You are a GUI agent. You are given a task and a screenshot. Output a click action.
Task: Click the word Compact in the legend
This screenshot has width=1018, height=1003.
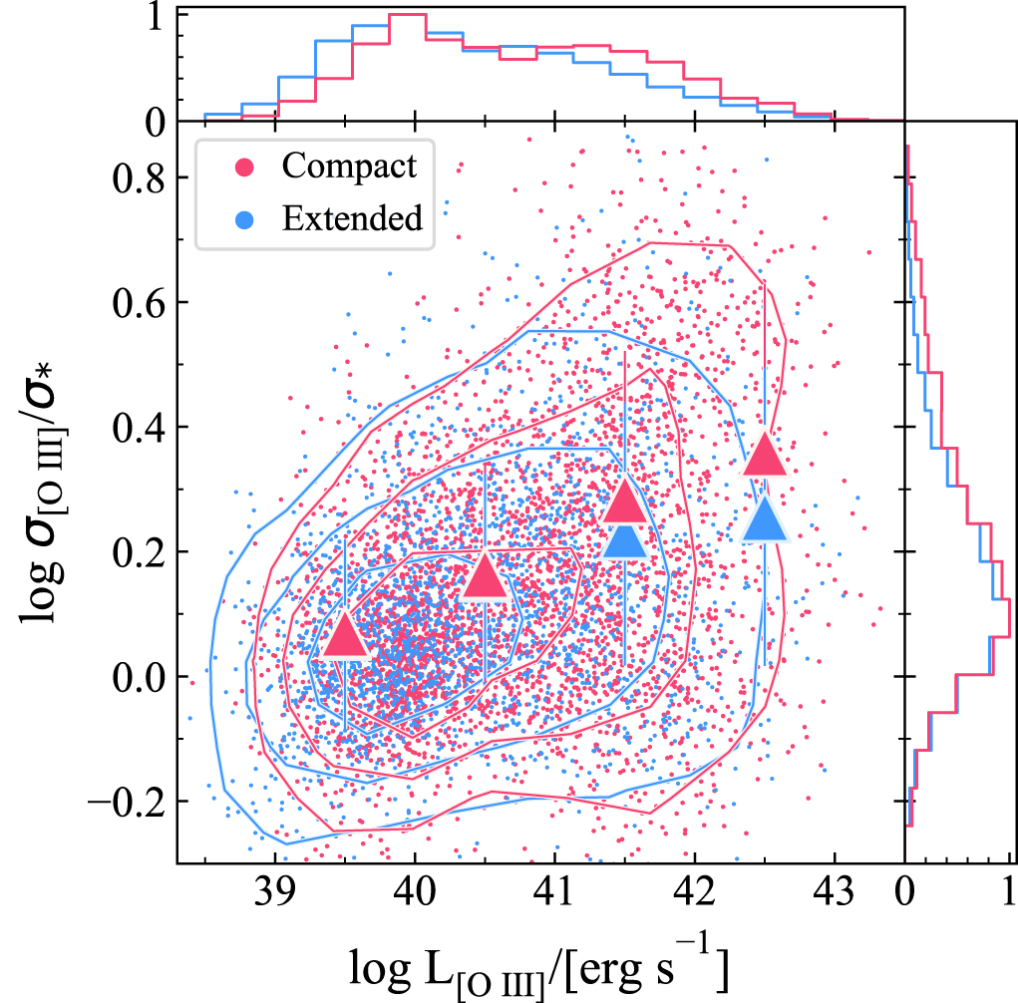tap(349, 166)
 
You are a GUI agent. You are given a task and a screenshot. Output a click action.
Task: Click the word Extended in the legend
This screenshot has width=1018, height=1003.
tap(352, 216)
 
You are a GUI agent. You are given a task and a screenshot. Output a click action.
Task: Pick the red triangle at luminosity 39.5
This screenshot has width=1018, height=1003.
tap(344, 638)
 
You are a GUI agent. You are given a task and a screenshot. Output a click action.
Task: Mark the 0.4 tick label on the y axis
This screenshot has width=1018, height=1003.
tap(138, 427)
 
